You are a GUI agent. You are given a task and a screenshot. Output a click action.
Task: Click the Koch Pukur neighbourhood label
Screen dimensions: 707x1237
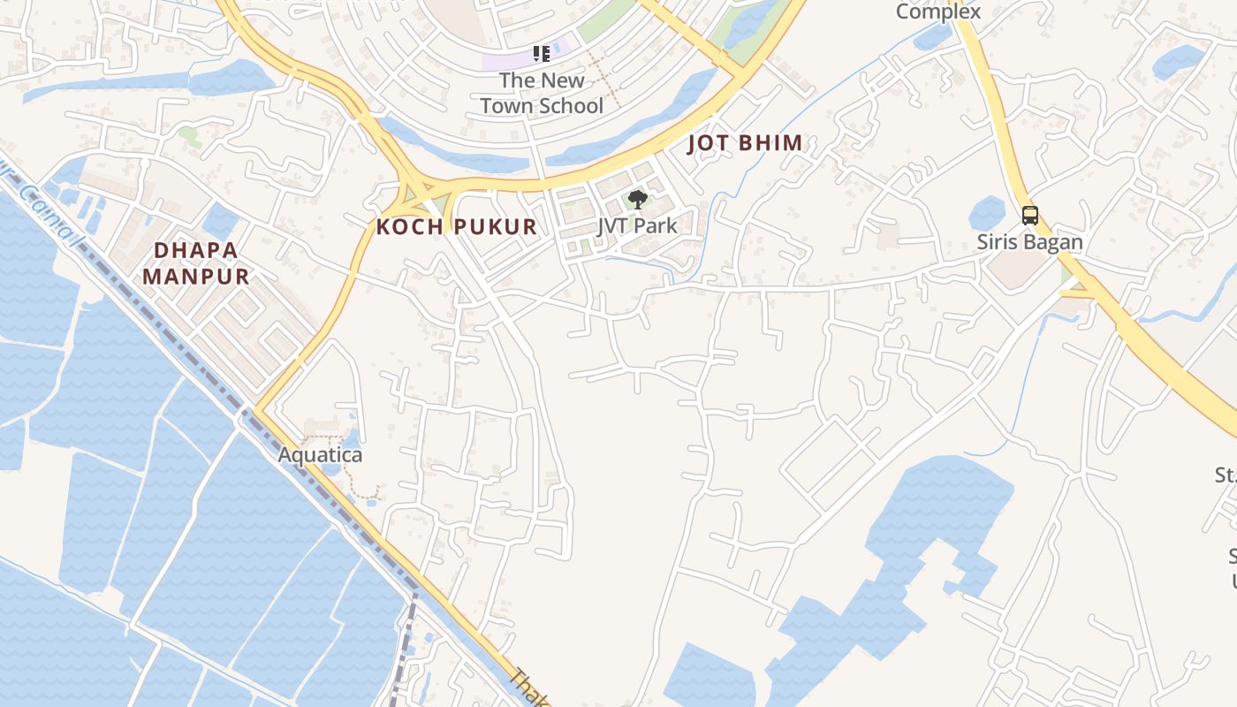pyautogui.click(x=456, y=227)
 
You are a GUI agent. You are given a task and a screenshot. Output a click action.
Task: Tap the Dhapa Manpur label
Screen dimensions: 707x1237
pyautogui.click(x=195, y=262)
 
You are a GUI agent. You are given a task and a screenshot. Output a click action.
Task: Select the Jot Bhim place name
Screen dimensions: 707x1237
pyautogui.click(x=745, y=143)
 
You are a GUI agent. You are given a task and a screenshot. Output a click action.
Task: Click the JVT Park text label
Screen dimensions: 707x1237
pyautogui.click(x=637, y=225)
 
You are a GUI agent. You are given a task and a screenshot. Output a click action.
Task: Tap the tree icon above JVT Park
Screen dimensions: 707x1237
pyautogui.click(x=637, y=200)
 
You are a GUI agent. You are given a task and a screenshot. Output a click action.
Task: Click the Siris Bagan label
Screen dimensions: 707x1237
pyautogui.click(x=1029, y=241)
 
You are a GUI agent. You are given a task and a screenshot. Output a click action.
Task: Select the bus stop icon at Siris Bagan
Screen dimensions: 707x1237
pyautogui.click(x=1029, y=215)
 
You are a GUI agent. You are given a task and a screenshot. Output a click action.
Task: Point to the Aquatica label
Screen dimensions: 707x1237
pyautogui.click(x=320, y=455)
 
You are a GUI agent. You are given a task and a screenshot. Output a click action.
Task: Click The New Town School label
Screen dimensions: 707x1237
pyautogui.click(x=541, y=93)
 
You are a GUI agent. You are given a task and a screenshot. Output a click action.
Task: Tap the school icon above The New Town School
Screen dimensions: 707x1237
pyautogui.click(x=542, y=54)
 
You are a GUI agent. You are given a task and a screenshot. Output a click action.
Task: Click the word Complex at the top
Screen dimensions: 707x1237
pyautogui.click(x=937, y=11)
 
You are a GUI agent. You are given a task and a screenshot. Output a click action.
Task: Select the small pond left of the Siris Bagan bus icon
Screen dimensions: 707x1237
pyautogui.click(x=986, y=214)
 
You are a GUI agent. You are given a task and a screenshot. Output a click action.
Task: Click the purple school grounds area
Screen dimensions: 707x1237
pyautogui.click(x=512, y=60)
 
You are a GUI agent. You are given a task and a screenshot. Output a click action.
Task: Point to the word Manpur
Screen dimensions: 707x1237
pyautogui.click(x=195, y=276)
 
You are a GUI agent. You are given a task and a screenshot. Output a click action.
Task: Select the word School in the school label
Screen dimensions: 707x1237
pyautogui.click(x=571, y=106)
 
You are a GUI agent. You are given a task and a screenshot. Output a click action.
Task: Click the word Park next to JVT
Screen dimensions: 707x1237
pyautogui.click(x=656, y=225)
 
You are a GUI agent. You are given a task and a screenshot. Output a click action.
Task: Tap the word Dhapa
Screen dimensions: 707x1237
pyautogui.click(x=195, y=250)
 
